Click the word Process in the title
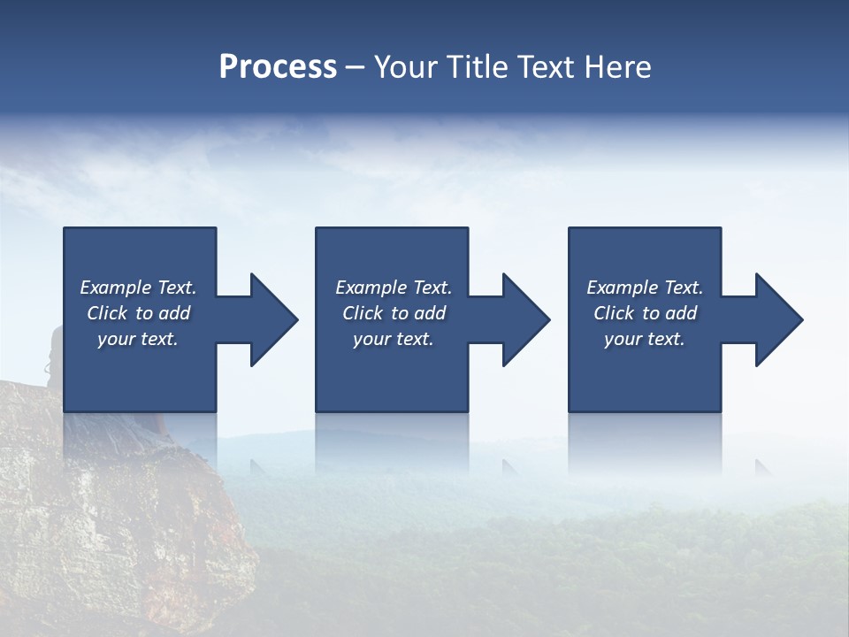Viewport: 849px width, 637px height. (x=278, y=67)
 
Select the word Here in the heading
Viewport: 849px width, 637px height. (x=618, y=67)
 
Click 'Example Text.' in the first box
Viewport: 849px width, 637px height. (x=139, y=288)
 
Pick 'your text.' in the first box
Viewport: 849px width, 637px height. (x=139, y=339)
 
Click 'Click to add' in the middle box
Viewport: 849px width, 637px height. (x=394, y=313)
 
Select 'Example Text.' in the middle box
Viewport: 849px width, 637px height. (x=394, y=288)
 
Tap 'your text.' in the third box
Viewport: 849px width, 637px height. (x=645, y=339)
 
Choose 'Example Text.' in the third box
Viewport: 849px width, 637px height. (x=645, y=288)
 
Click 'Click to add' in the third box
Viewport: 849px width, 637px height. (x=645, y=313)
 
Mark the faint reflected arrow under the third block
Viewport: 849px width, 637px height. (x=763, y=466)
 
